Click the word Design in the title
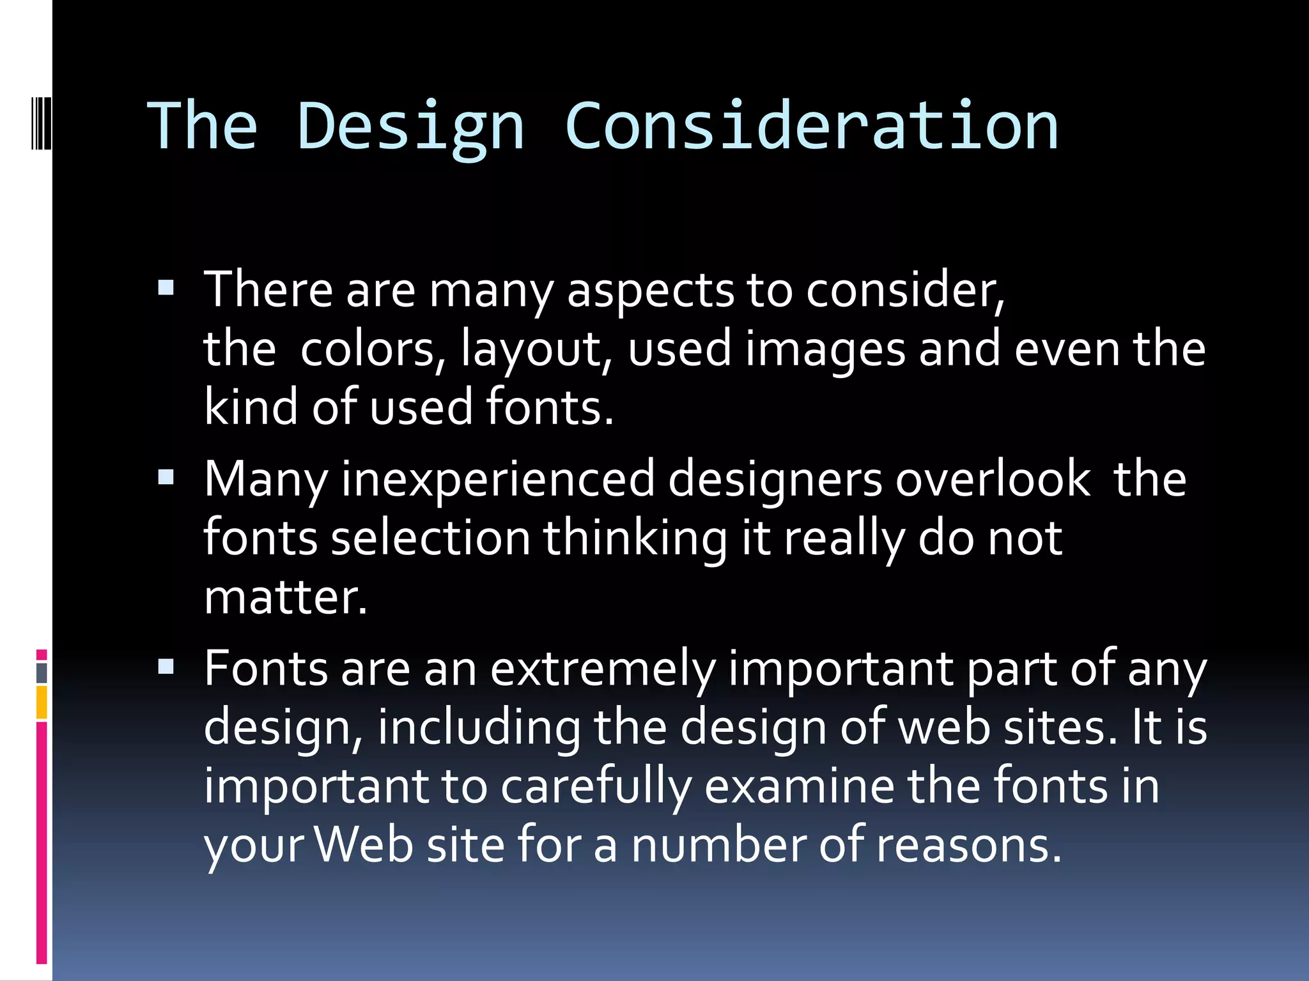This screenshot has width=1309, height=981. (x=410, y=127)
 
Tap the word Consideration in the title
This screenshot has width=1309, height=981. (x=811, y=126)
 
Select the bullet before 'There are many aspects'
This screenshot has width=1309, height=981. (x=166, y=288)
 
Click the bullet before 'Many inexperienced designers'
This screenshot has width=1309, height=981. (x=166, y=477)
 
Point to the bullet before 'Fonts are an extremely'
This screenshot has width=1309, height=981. (x=166, y=667)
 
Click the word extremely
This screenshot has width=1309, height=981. (x=603, y=669)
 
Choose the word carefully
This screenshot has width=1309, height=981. (x=596, y=787)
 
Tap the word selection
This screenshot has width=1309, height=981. (x=430, y=538)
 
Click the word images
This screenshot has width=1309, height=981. (x=825, y=350)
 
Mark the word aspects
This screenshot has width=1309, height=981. (x=650, y=291)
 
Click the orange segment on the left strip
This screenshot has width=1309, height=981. (x=42, y=702)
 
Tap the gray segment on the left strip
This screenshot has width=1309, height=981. (x=42, y=673)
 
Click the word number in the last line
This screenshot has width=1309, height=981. (x=718, y=846)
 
